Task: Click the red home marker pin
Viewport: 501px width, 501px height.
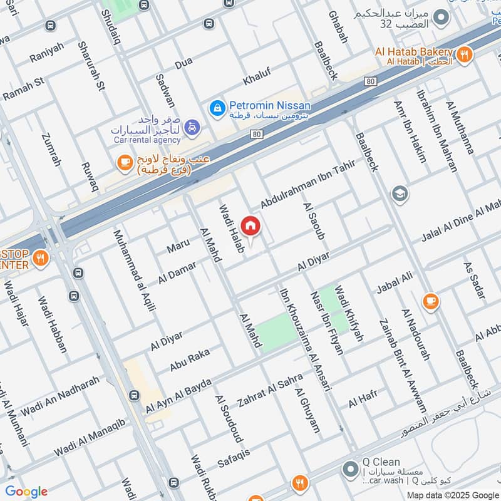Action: pyautogui.click(x=250, y=226)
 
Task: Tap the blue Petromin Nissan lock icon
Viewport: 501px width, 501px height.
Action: pyautogui.click(x=217, y=108)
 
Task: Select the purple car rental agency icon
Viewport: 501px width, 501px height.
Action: pyautogui.click(x=193, y=128)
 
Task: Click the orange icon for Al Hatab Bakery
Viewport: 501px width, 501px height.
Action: pyautogui.click(x=464, y=54)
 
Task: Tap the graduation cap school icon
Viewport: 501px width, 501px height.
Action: pyautogui.click(x=399, y=194)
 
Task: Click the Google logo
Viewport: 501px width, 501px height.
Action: pyautogui.click(x=26, y=492)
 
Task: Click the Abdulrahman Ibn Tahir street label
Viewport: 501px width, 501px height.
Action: pyautogui.click(x=307, y=185)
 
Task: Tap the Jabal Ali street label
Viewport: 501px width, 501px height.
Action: pyautogui.click(x=395, y=283)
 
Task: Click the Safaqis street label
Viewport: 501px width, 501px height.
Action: pyautogui.click(x=234, y=460)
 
